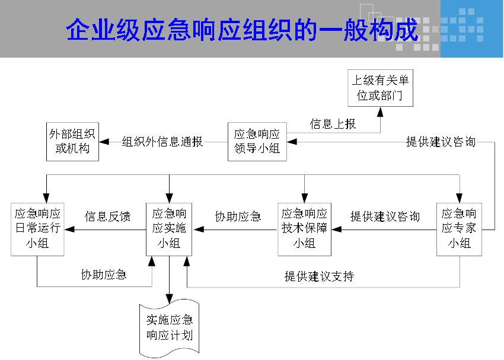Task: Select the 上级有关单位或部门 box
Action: (x=380, y=88)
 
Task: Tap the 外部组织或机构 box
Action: (x=72, y=142)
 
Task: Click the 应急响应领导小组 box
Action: (x=257, y=142)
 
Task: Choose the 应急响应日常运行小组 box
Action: (x=37, y=229)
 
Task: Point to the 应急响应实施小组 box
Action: (x=169, y=229)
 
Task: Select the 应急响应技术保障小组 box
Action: (x=304, y=229)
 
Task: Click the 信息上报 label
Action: (x=333, y=124)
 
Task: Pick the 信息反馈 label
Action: (x=107, y=216)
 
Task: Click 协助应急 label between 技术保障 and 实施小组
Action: (x=238, y=216)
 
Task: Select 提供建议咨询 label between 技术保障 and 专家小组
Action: (x=385, y=216)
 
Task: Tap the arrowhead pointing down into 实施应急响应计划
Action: (x=169, y=299)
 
